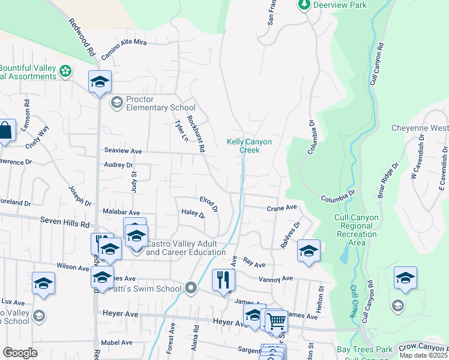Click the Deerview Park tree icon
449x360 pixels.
[x=304, y=5]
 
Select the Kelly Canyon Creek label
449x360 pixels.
[x=249, y=146]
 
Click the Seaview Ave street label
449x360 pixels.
[x=122, y=151]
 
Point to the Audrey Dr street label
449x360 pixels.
[x=118, y=164]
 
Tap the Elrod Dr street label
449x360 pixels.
[x=209, y=203]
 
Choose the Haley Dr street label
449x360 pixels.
[x=193, y=214]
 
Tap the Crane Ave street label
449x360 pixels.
[x=282, y=208]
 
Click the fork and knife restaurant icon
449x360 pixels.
[x=223, y=278]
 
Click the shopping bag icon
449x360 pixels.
[x=5, y=131]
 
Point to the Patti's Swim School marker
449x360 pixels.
[x=191, y=289]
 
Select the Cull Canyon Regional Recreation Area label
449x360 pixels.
[x=357, y=230]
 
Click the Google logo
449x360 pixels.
[x=20, y=353]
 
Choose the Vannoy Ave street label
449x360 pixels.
[x=276, y=279]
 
